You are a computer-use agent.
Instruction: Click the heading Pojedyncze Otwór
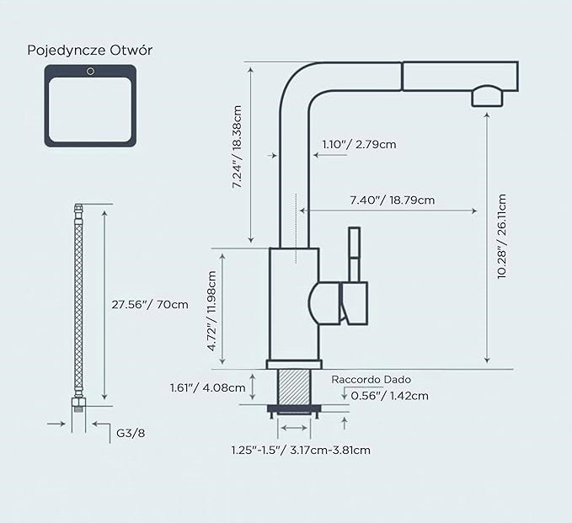point(90,51)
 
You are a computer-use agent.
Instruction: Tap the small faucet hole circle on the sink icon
point(90,72)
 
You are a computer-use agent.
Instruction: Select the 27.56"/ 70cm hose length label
point(150,304)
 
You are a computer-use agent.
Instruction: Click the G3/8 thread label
point(131,433)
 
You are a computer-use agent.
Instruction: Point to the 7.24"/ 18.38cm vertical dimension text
point(237,147)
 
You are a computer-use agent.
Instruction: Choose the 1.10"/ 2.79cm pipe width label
point(359,144)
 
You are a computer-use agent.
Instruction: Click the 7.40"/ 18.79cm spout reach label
point(393,200)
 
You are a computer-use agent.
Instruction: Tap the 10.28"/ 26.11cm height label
point(502,237)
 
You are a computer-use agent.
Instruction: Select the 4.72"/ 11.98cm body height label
point(212,311)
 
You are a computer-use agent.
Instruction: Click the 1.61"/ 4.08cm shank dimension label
point(207,387)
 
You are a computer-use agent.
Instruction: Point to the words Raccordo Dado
point(371,380)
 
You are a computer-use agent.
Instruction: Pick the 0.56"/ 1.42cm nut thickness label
point(389,396)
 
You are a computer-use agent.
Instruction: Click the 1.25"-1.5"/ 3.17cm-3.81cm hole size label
point(301,450)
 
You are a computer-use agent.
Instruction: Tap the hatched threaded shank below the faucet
point(294,387)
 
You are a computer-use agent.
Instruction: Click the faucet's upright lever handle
point(354,254)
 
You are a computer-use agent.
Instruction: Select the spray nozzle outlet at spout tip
point(488,96)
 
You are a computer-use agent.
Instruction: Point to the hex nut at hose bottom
point(78,403)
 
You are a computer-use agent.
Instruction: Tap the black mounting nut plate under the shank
point(294,408)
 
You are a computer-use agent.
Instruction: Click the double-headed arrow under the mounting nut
point(294,428)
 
